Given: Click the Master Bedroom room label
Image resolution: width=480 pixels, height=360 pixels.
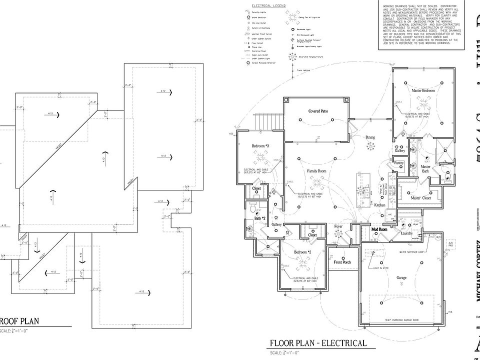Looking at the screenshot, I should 423,90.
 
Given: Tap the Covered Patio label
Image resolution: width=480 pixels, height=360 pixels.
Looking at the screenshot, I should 318,111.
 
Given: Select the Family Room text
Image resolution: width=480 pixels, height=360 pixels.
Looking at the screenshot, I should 316,171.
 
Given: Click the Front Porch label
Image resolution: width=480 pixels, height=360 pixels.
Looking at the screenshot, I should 342,262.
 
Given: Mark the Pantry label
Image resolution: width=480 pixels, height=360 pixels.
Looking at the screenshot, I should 398,163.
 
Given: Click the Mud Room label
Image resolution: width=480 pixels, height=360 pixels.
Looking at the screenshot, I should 380,229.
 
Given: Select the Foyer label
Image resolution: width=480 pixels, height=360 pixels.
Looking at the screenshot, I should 338,226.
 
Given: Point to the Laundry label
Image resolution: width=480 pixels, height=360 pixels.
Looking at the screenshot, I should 406,233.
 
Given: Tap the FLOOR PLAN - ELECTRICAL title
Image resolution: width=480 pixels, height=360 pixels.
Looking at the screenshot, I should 318,343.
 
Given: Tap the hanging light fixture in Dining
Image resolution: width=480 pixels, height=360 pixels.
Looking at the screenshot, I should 370,146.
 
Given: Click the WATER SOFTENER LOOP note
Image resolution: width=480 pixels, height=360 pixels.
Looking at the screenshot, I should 411,252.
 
